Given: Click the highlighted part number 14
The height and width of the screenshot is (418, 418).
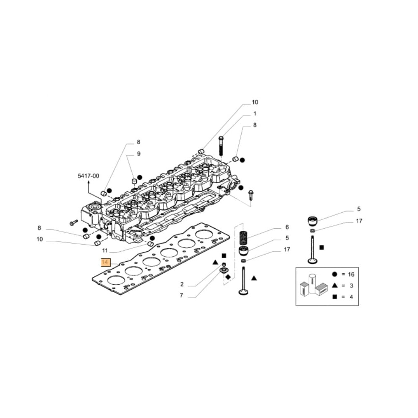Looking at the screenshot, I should [x=105, y=263].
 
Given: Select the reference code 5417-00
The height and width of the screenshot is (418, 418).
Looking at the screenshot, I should [x=88, y=176].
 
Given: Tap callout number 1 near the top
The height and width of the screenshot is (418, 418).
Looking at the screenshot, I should [x=254, y=114].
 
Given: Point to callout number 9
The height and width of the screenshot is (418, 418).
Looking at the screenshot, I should [x=139, y=154].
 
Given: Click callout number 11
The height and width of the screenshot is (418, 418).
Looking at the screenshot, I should [x=104, y=251].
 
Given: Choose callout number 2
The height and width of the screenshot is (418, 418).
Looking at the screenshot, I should [x=182, y=284].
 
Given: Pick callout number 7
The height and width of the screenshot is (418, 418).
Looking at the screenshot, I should [x=182, y=296].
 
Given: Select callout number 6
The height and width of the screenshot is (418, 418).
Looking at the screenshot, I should [x=287, y=227].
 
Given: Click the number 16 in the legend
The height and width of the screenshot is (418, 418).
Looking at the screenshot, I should [x=351, y=274].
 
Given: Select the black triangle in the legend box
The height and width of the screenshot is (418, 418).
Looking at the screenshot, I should [x=334, y=285].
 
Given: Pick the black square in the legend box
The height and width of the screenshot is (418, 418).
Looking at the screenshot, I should [x=334, y=297].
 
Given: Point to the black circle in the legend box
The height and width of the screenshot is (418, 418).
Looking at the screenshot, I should [x=334, y=274].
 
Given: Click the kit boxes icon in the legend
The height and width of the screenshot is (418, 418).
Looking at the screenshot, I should [x=313, y=285].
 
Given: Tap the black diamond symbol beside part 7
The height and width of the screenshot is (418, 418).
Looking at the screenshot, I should [x=228, y=277].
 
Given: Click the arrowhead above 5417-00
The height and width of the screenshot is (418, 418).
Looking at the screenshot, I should [x=88, y=183].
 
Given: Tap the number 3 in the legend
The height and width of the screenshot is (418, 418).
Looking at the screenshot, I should [x=351, y=285].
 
